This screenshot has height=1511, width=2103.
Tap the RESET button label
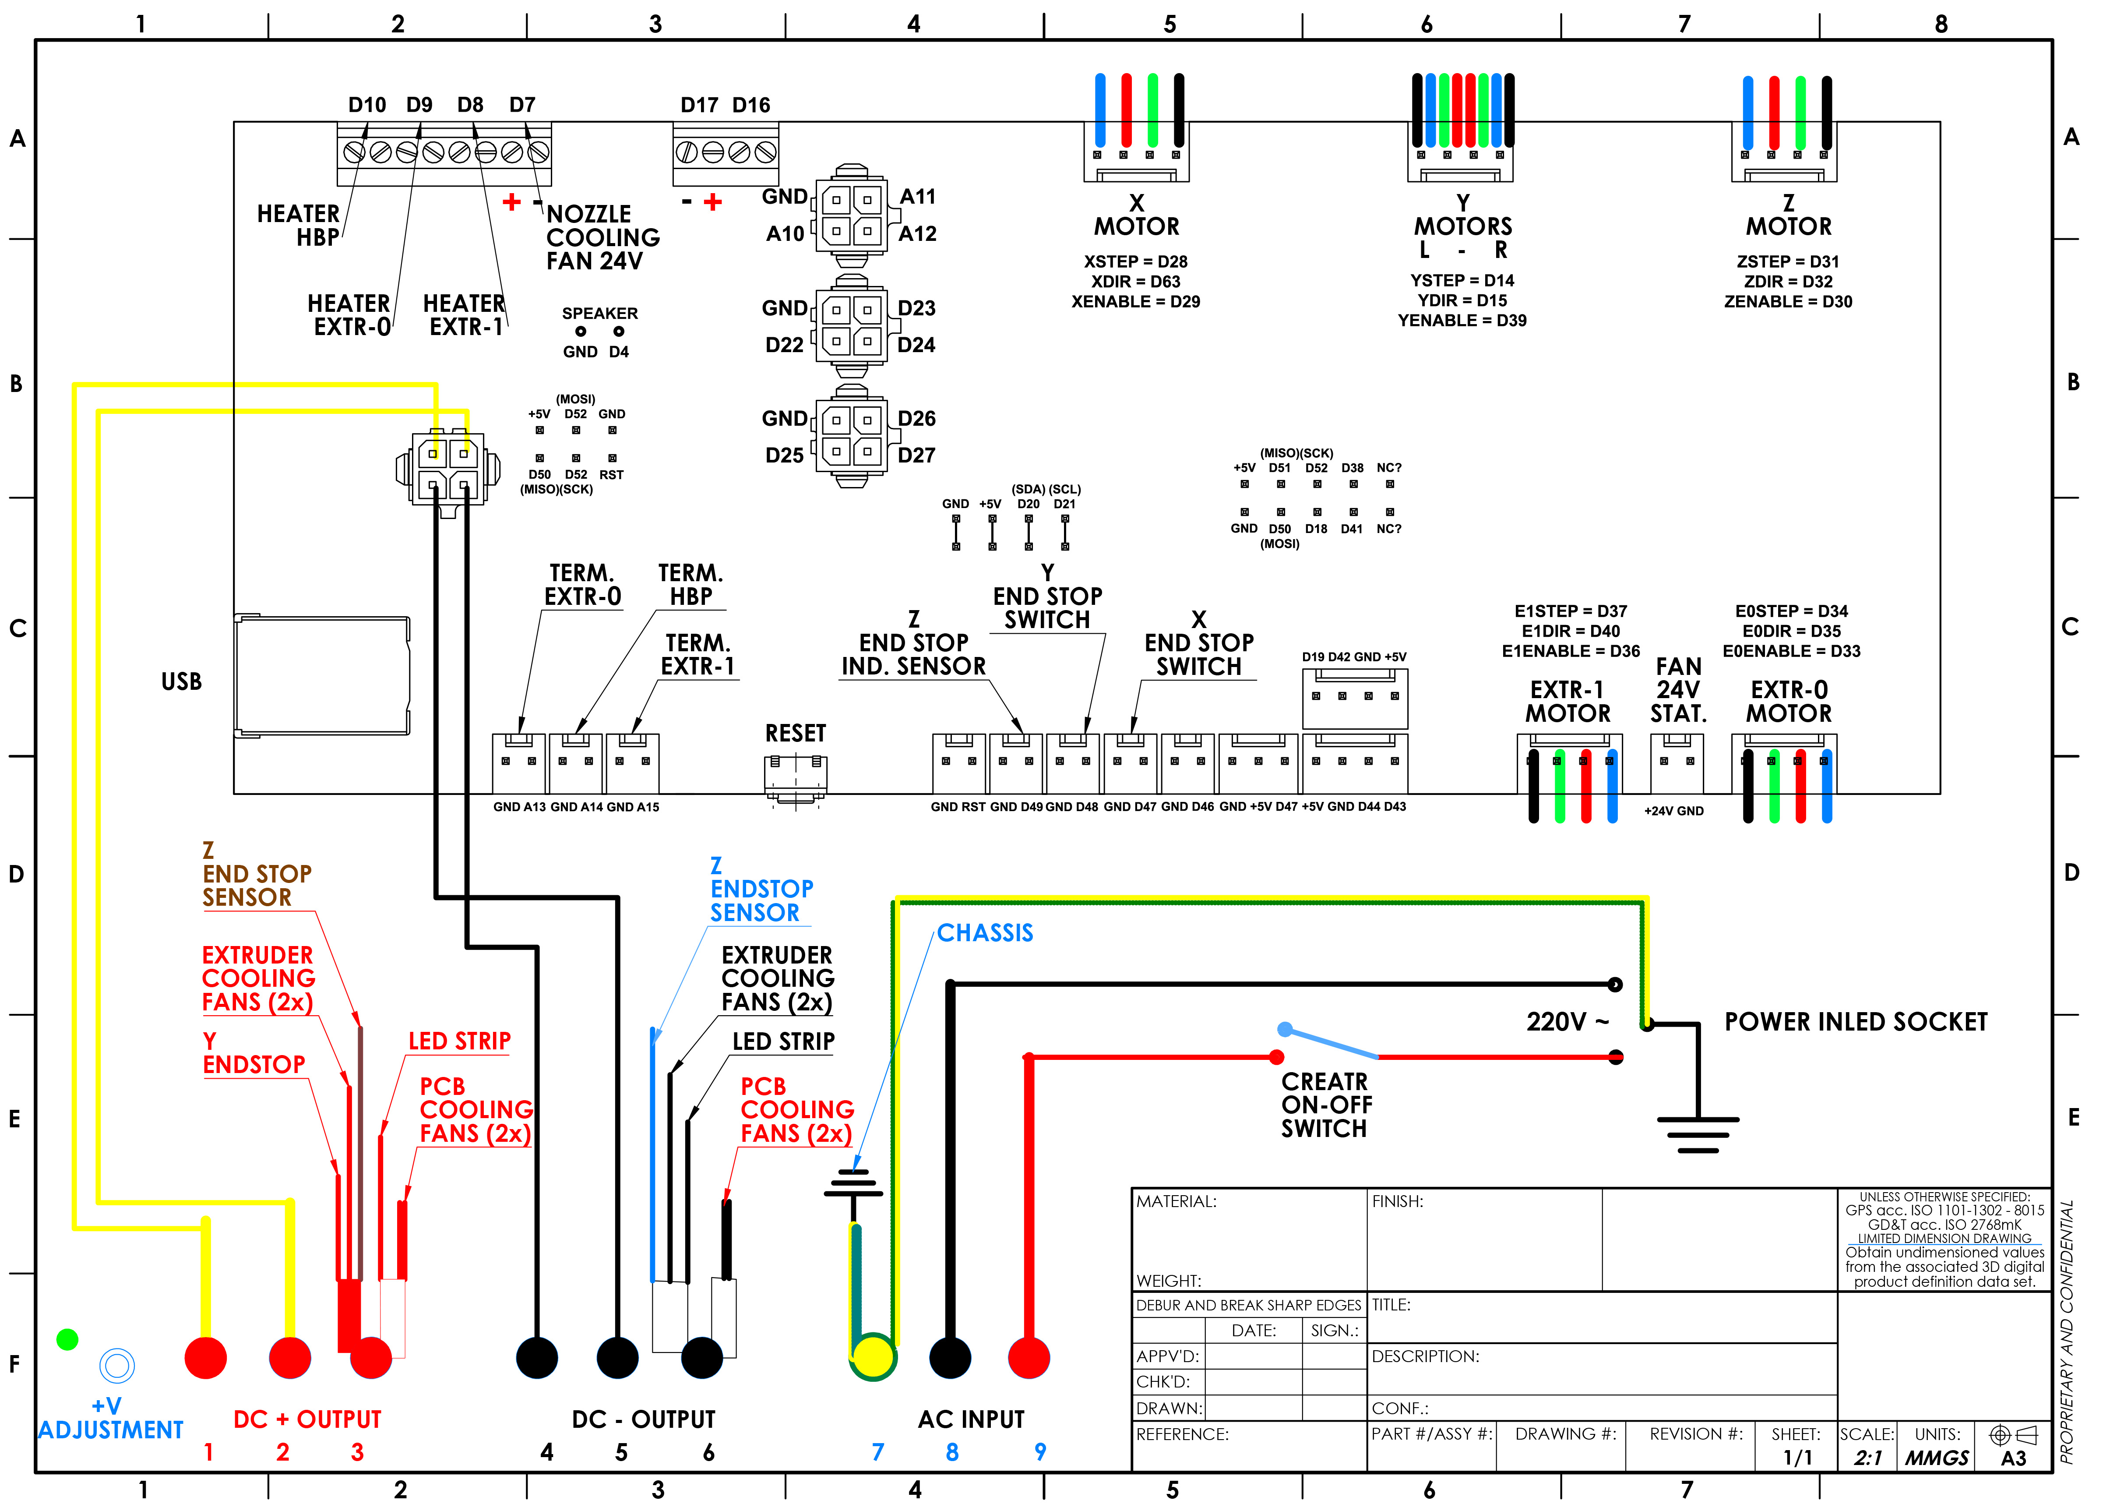point(795,734)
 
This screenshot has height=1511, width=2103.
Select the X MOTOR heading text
point(1137,215)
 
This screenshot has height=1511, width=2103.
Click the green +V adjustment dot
point(67,1339)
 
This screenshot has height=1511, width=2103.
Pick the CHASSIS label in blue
point(985,933)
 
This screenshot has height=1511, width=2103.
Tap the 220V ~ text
point(1567,1022)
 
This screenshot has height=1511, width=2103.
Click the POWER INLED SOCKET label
point(1856,1022)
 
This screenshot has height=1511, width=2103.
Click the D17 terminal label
point(699,105)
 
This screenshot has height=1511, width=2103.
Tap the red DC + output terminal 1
point(206,1358)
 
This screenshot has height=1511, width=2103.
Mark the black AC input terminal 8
point(951,1358)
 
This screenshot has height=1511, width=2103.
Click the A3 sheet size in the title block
point(2013,1458)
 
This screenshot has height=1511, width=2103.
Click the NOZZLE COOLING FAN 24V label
point(603,237)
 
